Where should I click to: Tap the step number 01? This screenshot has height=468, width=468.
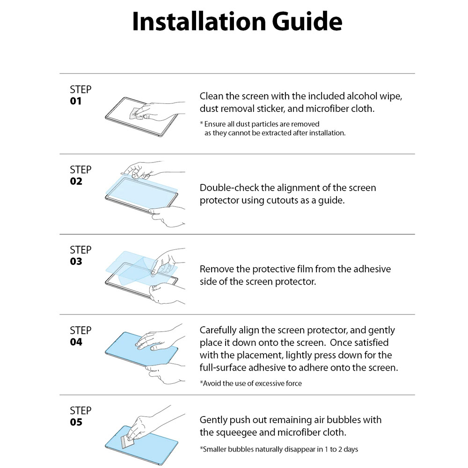76,101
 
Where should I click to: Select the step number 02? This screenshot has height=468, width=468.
76,182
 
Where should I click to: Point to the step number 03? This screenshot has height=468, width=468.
76,262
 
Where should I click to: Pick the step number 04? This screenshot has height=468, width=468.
76,342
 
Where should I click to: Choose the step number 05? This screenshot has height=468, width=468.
76,422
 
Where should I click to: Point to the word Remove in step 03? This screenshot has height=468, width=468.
213,269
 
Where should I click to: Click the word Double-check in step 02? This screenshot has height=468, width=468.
229,188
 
